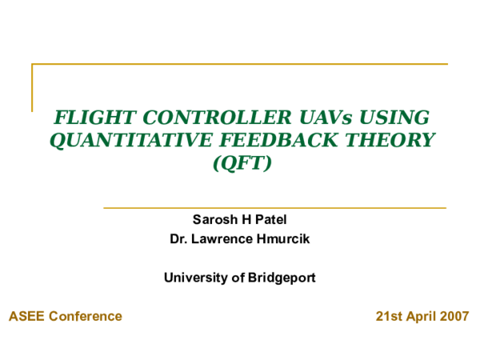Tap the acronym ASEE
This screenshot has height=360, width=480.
pyautogui.click(x=27, y=317)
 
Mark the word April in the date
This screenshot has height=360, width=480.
pyautogui.click(x=421, y=317)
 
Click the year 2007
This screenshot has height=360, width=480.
pyautogui.click(x=454, y=317)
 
